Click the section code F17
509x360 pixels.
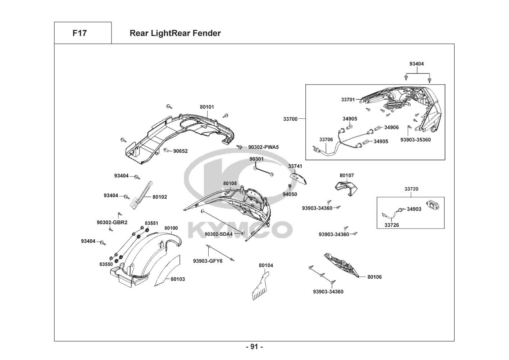click(79, 33)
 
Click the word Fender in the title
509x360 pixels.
click(207, 33)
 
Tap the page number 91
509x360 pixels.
click(254, 347)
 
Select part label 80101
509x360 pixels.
click(207, 107)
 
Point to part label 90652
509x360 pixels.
click(181, 151)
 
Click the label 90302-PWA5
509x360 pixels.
click(263, 147)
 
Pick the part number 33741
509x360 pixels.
click(295, 166)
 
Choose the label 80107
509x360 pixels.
click(347, 175)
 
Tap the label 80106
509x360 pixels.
click(375, 277)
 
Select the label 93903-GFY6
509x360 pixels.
click(208, 261)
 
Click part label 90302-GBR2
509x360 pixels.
click(112, 222)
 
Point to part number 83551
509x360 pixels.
click(151, 223)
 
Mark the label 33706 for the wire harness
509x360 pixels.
click(326, 140)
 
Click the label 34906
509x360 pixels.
click(391, 127)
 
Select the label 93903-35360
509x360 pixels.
click(415, 140)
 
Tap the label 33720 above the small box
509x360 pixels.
click(411, 189)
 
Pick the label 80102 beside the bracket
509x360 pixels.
click(160, 197)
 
